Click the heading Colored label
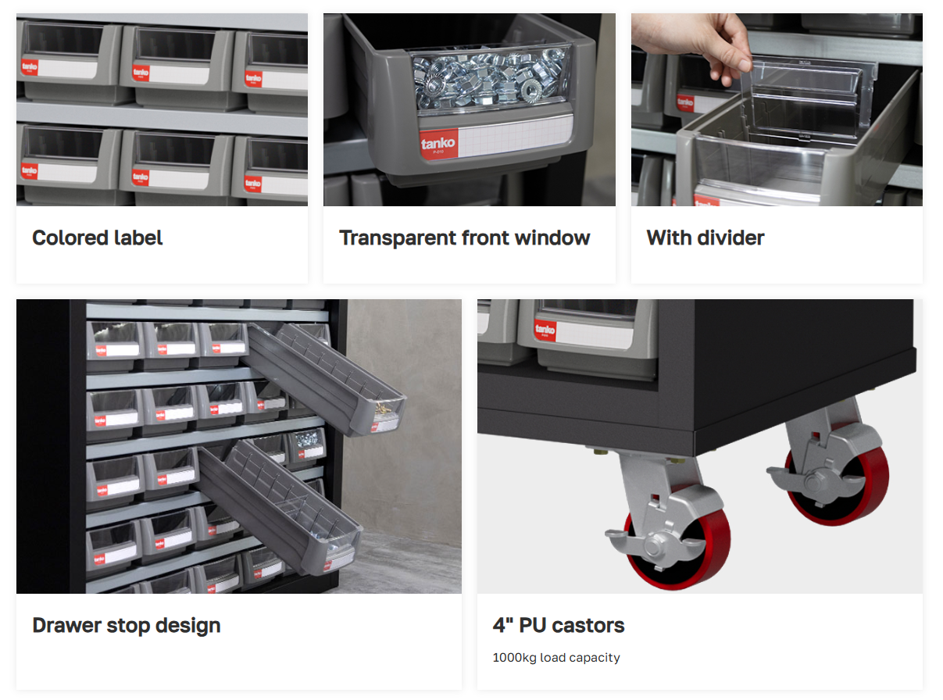(98, 237)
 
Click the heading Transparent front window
(464, 237)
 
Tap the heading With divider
(705, 237)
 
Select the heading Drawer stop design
(127, 626)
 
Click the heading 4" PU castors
(559, 625)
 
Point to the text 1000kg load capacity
(556, 658)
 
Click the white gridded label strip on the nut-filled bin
(516, 136)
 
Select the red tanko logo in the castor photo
(545, 330)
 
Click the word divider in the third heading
(730, 237)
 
